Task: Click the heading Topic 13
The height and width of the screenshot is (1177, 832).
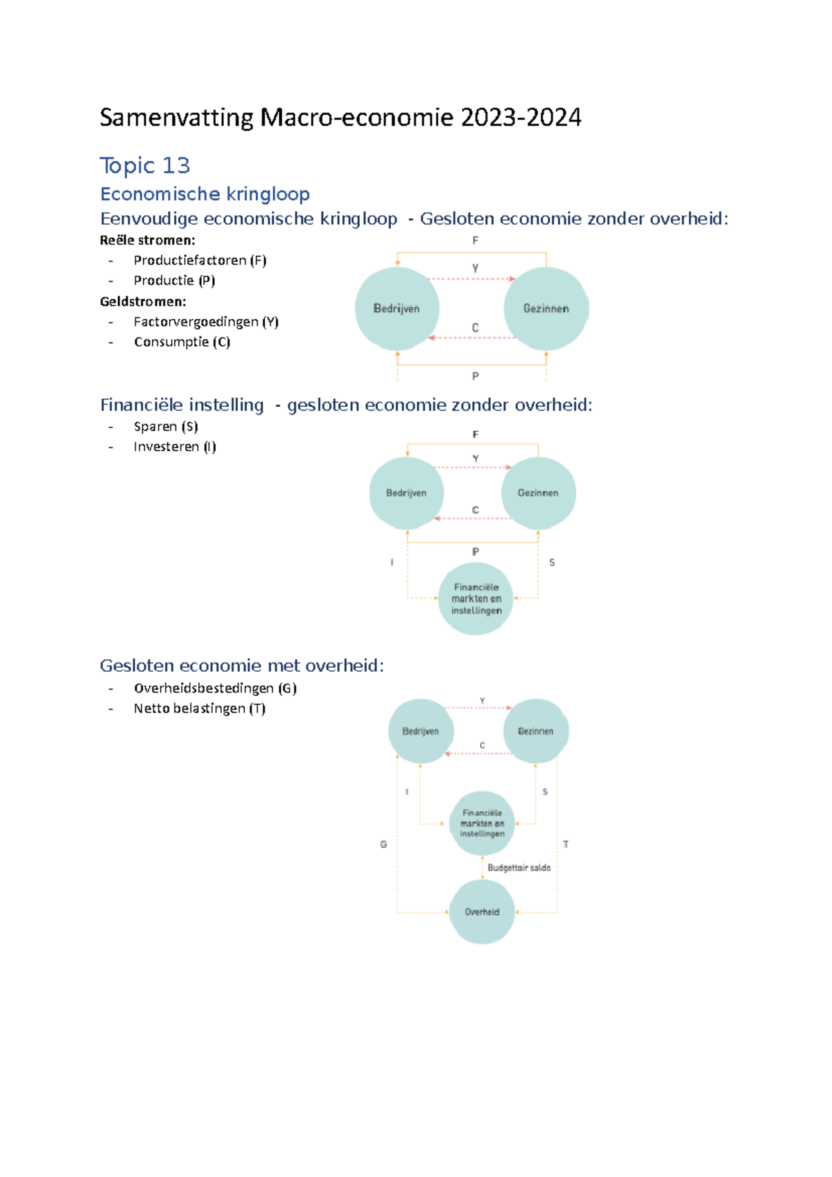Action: pos(144,166)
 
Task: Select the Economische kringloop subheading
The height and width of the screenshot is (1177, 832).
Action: pos(205,194)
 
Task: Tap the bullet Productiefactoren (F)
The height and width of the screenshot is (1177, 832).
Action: pos(200,261)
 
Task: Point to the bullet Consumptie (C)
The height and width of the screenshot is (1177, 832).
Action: pos(182,342)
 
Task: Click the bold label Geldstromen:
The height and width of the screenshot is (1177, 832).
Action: pos(143,302)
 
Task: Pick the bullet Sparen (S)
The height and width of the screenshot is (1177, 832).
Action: pos(166,426)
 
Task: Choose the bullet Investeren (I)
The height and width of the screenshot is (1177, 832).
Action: pos(175,446)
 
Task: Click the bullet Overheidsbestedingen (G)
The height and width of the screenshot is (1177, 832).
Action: pos(215,688)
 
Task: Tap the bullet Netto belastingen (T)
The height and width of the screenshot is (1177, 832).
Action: pos(200,708)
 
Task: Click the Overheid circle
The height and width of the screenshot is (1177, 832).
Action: pos(482,912)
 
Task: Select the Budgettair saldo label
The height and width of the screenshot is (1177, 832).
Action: pos(519,868)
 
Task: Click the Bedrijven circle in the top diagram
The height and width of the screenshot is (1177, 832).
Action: pos(397,308)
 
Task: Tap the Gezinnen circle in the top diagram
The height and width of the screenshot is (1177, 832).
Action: pos(546,308)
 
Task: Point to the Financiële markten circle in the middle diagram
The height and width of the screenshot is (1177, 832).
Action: pos(476,599)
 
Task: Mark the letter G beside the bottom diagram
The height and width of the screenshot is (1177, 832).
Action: pos(383,844)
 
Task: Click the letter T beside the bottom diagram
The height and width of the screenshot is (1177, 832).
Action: pos(566,844)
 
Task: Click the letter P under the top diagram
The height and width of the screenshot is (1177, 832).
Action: pos(475,376)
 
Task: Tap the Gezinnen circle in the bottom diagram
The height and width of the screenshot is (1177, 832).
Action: pos(535,731)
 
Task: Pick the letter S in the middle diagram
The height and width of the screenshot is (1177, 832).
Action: pos(552,563)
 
